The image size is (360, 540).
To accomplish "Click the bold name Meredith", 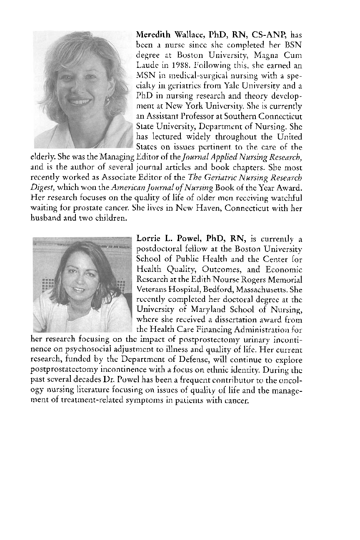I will tap(153, 34).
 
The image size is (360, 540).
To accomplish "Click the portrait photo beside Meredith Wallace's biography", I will tap(83, 90).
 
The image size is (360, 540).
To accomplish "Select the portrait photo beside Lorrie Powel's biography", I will tap(82, 285).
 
